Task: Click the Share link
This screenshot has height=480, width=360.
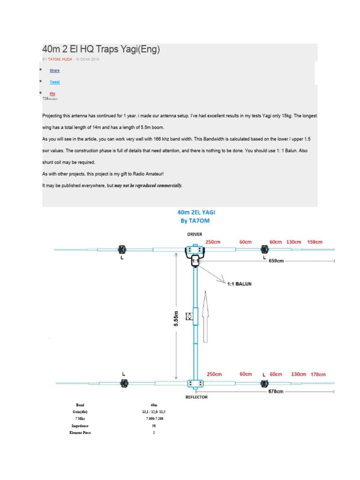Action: click(x=54, y=70)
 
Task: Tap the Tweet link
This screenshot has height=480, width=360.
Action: click(x=54, y=82)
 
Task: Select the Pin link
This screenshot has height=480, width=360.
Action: click(x=52, y=93)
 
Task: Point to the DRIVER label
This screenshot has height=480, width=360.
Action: click(x=195, y=233)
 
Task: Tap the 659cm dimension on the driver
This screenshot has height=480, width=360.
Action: click(x=277, y=261)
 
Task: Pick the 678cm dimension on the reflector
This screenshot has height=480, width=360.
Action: click(x=276, y=391)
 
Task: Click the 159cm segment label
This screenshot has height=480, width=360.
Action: click(x=315, y=242)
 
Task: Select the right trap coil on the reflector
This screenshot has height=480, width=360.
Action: click(x=264, y=383)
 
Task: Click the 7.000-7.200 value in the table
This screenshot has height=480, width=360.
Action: click(x=155, y=419)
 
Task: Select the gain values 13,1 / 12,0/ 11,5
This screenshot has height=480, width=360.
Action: click(x=155, y=412)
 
